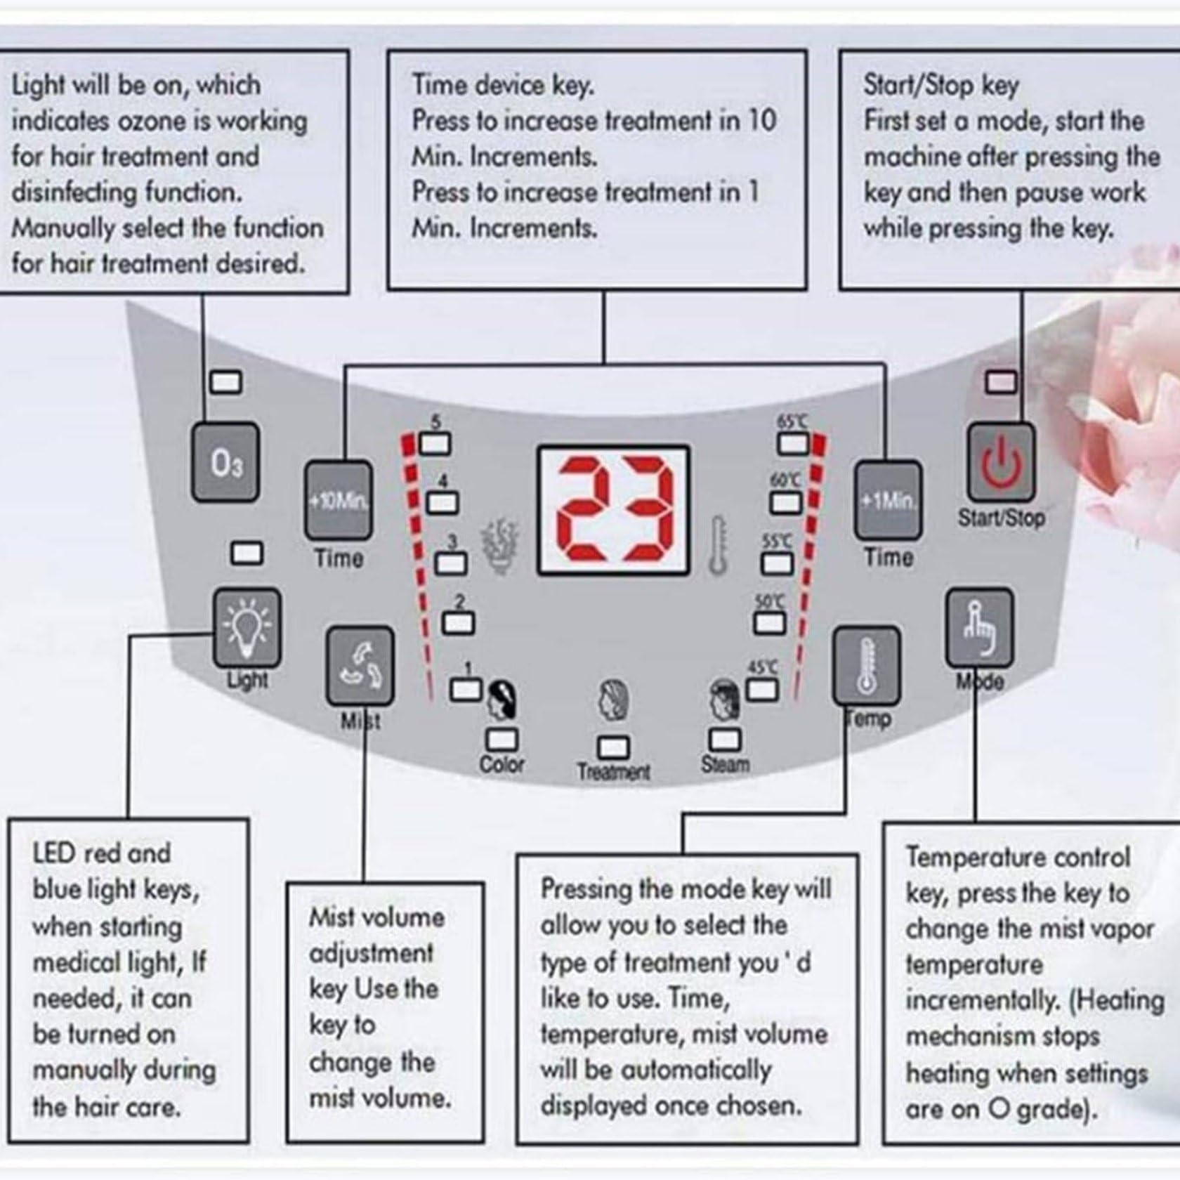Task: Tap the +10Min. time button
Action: pos(338,501)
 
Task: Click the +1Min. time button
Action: pos(888,501)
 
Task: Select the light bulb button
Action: pos(247,627)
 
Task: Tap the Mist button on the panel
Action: pos(360,665)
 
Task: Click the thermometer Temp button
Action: pos(866,665)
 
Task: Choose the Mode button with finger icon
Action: pos(980,627)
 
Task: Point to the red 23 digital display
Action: pos(613,511)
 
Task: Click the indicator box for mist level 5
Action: pos(435,444)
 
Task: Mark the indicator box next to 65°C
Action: pos(793,444)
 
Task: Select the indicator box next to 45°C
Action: pos(762,690)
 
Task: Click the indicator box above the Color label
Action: pos(502,739)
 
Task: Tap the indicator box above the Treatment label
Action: pos(613,747)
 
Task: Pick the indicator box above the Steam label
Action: pos(725,739)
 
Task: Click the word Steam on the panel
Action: pos(726,764)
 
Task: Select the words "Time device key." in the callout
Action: pos(503,85)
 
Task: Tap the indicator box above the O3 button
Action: pos(226,383)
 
